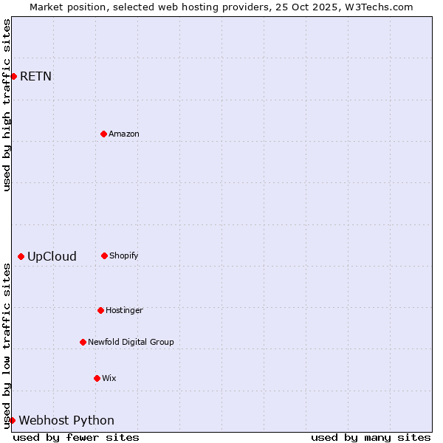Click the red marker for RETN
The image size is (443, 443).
pyautogui.click(x=13, y=76)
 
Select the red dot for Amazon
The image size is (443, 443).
pyautogui.click(x=103, y=134)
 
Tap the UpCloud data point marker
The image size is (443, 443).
pyautogui.click(x=21, y=256)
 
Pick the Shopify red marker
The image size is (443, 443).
pyautogui.click(x=104, y=255)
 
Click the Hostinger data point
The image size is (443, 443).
pyautogui.click(x=100, y=310)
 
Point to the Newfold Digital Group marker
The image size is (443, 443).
pyautogui.click(x=83, y=342)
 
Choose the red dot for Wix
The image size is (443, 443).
pyautogui.click(x=97, y=378)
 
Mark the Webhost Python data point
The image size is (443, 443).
pyautogui.click(x=12, y=420)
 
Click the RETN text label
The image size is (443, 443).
pyautogui.click(x=35, y=76)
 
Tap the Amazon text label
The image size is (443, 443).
pyautogui.click(x=124, y=134)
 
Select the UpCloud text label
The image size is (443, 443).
pyautogui.click(x=52, y=256)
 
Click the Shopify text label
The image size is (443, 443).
pyautogui.click(x=124, y=255)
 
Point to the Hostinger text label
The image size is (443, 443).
pyautogui.click(x=124, y=310)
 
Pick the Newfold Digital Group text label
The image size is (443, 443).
pyautogui.click(x=131, y=342)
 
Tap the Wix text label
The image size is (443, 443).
pyautogui.click(x=109, y=378)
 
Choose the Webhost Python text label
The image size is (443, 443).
pyautogui.click(x=66, y=420)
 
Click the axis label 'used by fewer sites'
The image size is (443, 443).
pyautogui.click(x=76, y=437)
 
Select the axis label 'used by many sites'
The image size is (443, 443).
pyautogui.click(x=371, y=437)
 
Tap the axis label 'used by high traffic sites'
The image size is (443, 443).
pyautogui.click(x=7, y=105)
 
